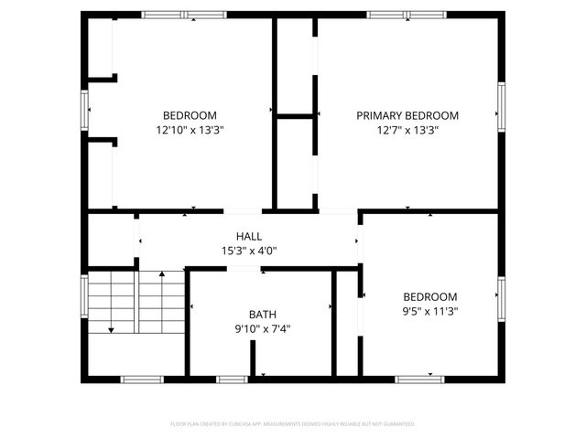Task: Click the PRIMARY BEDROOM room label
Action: click(x=407, y=115)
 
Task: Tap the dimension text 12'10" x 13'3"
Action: click(x=190, y=130)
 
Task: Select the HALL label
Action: click(x=249, y=236)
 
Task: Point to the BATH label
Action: click(x=263, y=314)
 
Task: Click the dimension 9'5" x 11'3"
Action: click(x=430, y=311)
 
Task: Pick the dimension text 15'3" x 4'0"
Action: click(x=249, y=251)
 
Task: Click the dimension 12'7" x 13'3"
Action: click(x=407, y=130)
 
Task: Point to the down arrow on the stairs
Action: click(x=111, y=327)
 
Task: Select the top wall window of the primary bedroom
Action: click(x=407, y=15)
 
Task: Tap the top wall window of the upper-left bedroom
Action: click(x=184, y=15)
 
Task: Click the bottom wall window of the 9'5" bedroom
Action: click(x=420, y=379)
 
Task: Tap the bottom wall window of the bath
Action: click(x=232, y=379)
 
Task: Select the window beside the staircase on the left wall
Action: click(x=86, y=297)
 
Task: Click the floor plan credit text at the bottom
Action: click(x=293, y=424)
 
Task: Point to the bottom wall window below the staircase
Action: click(x=142, y=379)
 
